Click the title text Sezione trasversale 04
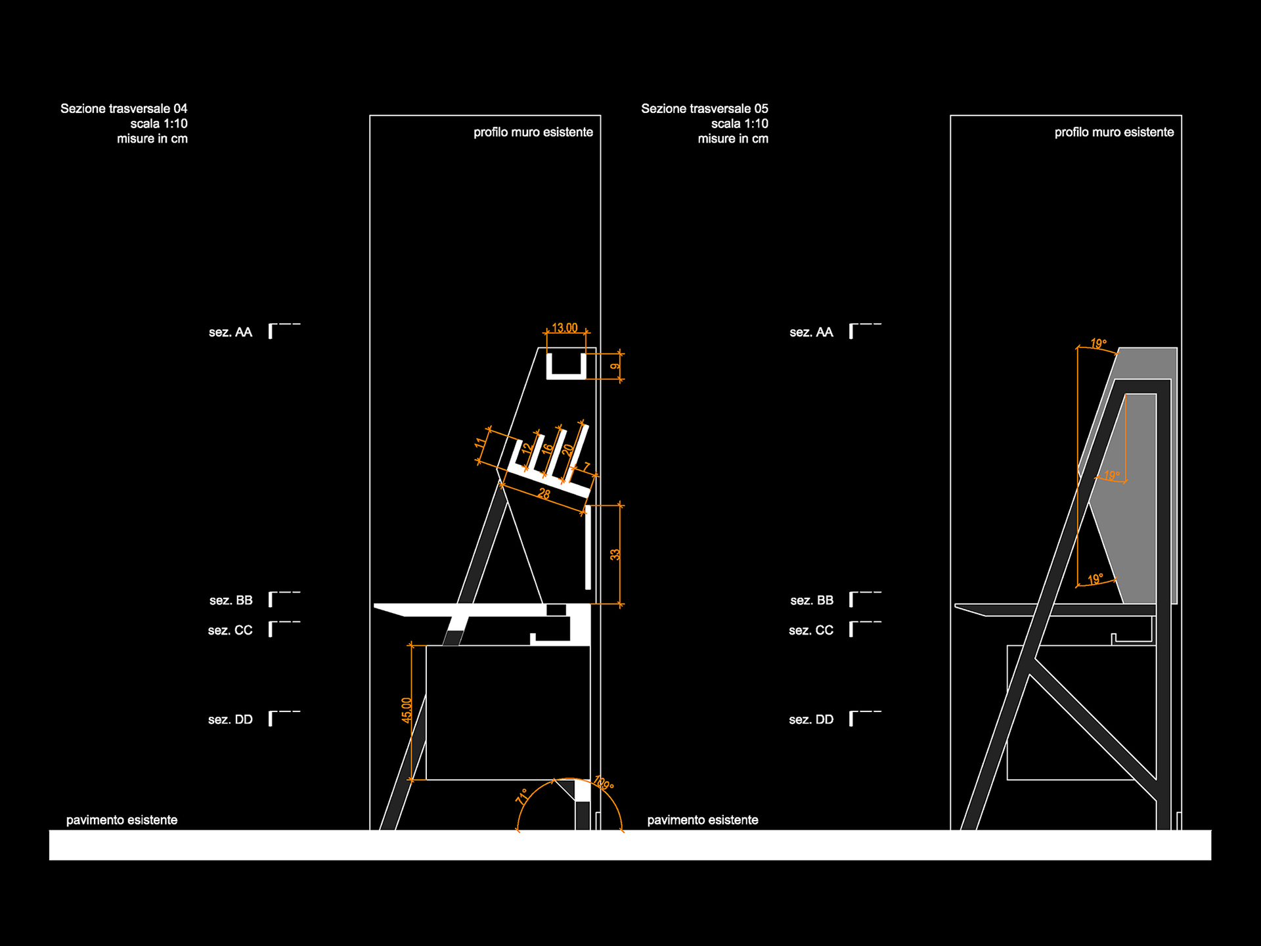point(123,108)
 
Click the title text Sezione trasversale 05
point(704,108)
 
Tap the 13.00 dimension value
point(564,328)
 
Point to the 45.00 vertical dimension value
point(407,710)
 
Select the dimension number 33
point(615,554)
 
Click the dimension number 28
point(544,493)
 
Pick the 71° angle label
point(522,796)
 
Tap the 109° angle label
point(603,784)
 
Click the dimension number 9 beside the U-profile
point(615,367)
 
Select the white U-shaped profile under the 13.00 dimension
point(566,375)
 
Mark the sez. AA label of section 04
point(230,332)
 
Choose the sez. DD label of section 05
point(810,720)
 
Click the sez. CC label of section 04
point(230,631)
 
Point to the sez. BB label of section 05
point(811,600)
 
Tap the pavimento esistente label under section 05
point(702,820)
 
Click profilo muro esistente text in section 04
point(533,132)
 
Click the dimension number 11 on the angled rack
point(481,443)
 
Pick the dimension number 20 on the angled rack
point(567,450)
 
